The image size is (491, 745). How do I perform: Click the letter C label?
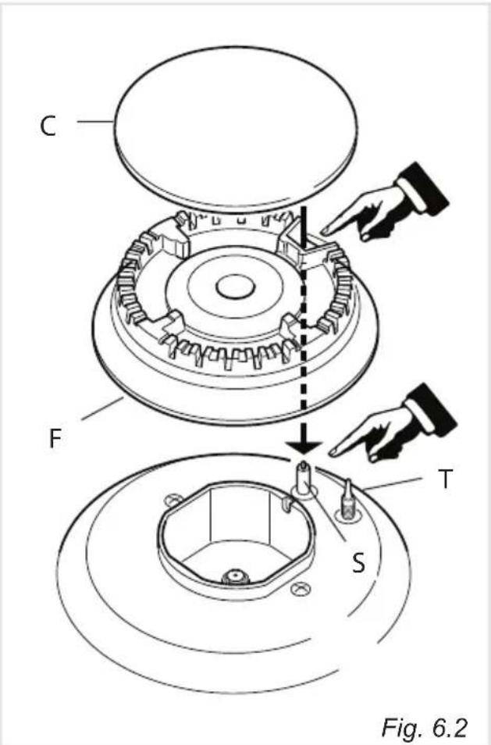(x=48, y=127)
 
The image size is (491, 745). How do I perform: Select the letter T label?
(x=445, y=479)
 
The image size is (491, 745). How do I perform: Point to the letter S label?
(x=358, y=562)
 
